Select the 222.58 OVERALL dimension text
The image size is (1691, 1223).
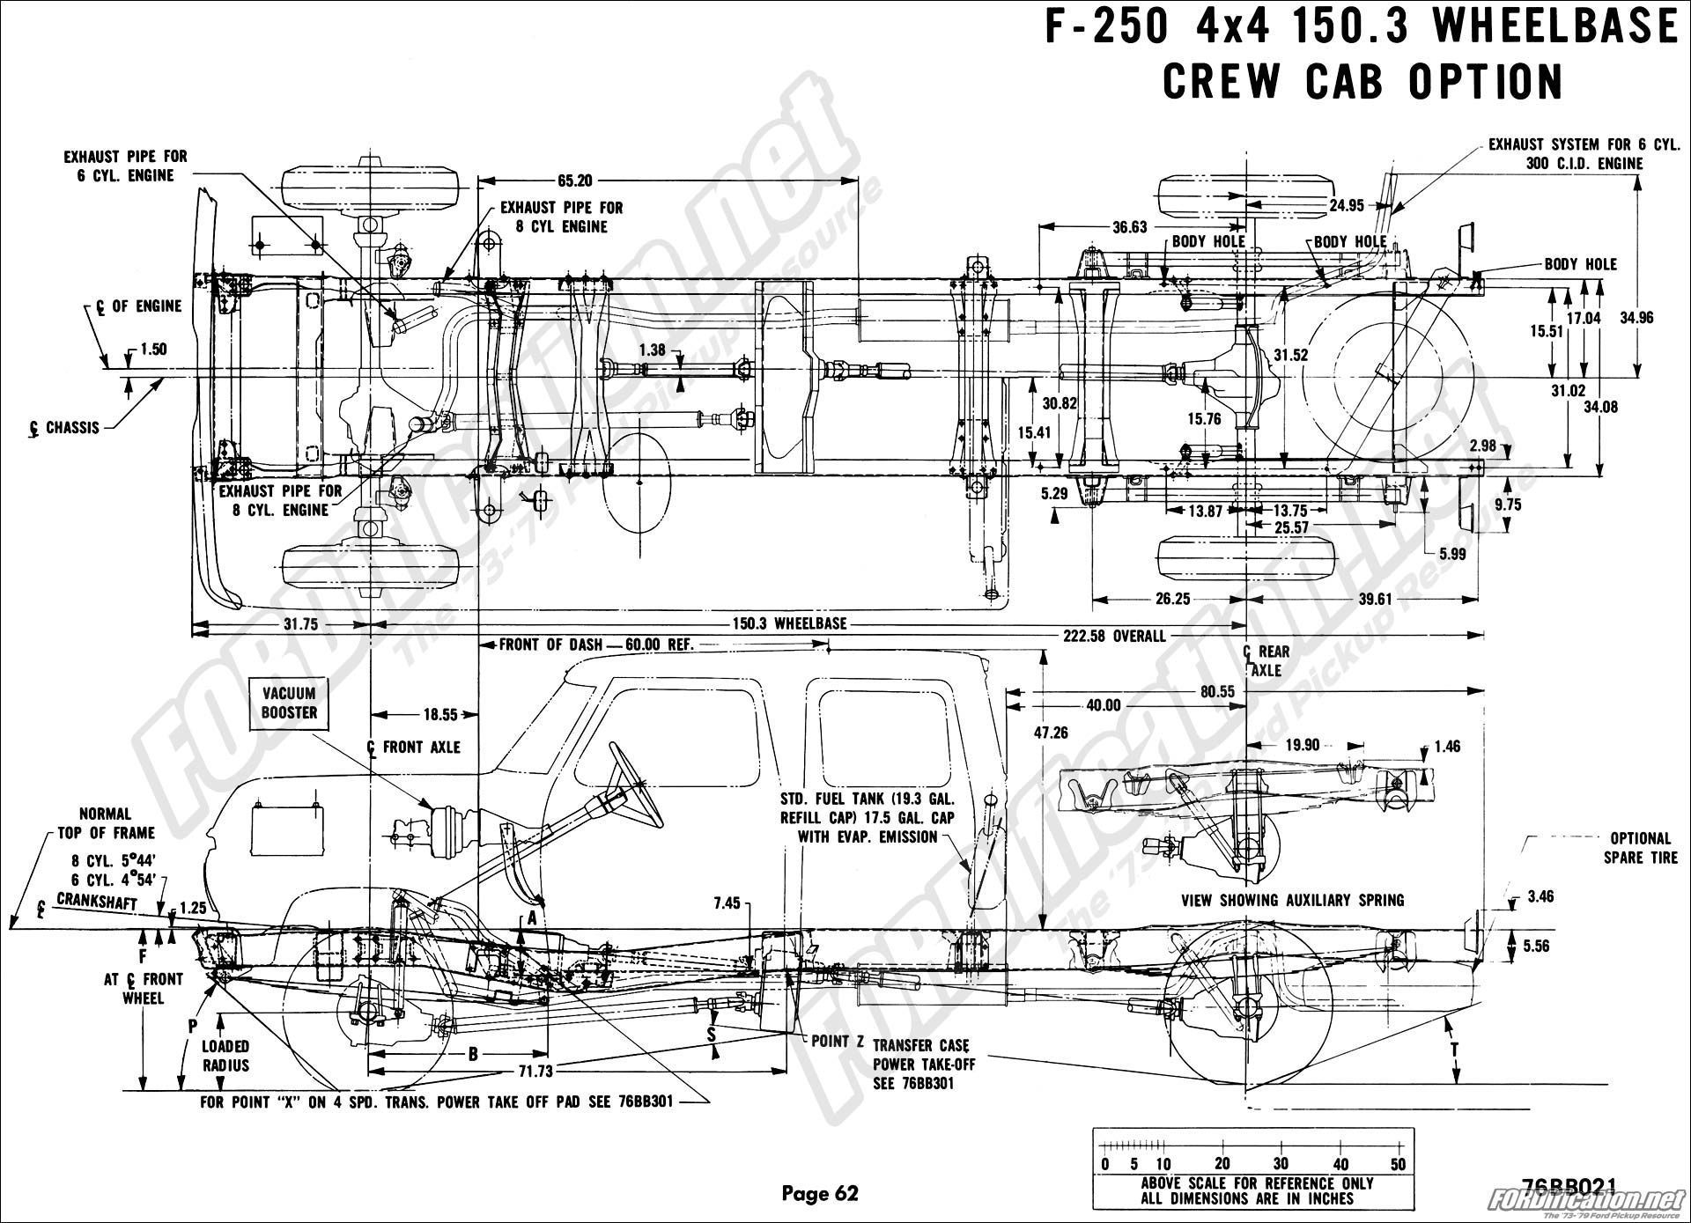[x=1113, y=636]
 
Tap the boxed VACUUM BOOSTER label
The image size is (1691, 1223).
[x=289, y=703]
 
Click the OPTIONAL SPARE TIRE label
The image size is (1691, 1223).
[x=1640, y=847]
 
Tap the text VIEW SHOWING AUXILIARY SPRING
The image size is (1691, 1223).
[x=1292, y=900]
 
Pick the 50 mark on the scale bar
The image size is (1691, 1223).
[x=1398, y=1164]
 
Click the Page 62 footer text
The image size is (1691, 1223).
[x=819, y=1193]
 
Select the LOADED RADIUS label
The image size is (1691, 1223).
[x=225, y=1056]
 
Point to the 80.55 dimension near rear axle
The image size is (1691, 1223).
[x=1216, y=691]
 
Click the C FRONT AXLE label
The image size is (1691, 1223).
[x=414, y=747]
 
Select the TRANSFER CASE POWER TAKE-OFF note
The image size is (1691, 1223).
[x=924, y=1065]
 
